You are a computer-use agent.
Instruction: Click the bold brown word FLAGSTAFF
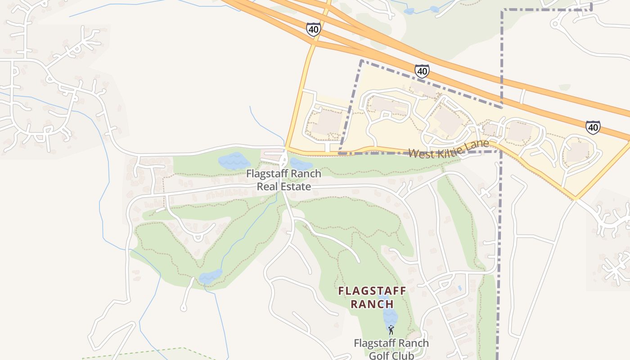[x=372, y=291]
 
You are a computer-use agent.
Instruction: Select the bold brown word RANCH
[x=372, y=304]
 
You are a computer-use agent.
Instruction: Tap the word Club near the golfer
[x=404, y=355]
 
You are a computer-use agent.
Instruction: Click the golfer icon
[x=391, y=329]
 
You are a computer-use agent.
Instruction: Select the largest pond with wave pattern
[x=234, y=161]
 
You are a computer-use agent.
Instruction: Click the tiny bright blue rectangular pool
[x=459, y=287]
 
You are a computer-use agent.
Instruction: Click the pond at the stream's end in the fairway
[x=211, y=276]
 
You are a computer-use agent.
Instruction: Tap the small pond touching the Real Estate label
[x=301, y=164]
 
